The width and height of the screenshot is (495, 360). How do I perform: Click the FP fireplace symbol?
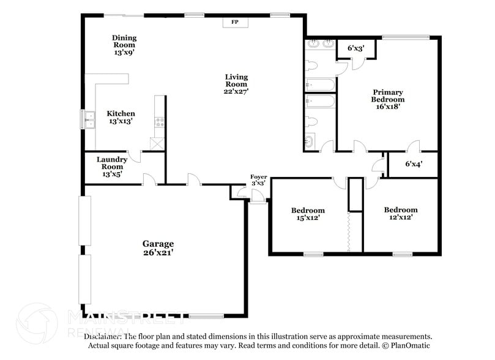234,23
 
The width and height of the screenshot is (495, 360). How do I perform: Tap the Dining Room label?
124,45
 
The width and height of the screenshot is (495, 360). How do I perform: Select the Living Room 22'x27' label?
236,84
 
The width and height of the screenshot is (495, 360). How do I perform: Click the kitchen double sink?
89,119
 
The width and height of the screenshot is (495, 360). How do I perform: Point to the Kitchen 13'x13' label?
121,118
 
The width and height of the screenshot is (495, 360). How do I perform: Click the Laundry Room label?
112,167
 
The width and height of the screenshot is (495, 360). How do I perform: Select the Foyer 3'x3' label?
258,179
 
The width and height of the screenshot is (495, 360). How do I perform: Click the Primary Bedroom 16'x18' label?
388,99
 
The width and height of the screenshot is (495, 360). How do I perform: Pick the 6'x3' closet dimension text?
355,48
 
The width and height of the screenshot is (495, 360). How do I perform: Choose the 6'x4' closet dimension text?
414,164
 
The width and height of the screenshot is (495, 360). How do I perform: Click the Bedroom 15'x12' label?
307,214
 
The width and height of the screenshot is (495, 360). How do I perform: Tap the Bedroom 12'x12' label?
401,213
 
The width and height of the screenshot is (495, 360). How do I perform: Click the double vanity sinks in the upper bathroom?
320,44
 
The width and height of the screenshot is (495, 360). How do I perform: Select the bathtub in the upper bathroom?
320,84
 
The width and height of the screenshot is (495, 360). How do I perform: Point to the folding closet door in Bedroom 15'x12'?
348,231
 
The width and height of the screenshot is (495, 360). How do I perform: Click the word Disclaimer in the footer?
103,337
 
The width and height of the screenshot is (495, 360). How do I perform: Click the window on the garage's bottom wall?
206,317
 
